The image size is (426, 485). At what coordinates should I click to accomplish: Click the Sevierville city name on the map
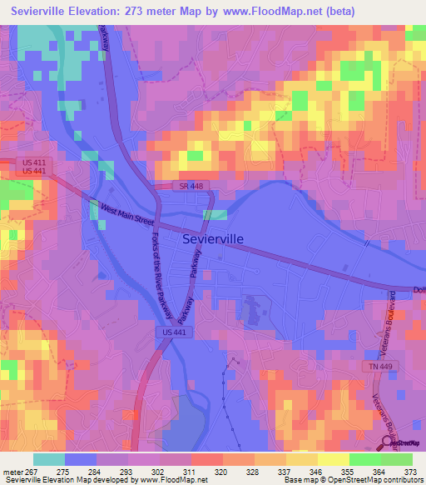pyautogui.click(x=212, y=238)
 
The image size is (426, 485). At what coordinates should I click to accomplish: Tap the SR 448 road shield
pyautogui.click(x=186, y=185)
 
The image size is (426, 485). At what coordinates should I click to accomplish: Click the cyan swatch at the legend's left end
pyautogui.click(x=49, y=459)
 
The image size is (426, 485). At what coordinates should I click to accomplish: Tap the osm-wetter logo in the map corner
pyautogui.click(x=404, y=445)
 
